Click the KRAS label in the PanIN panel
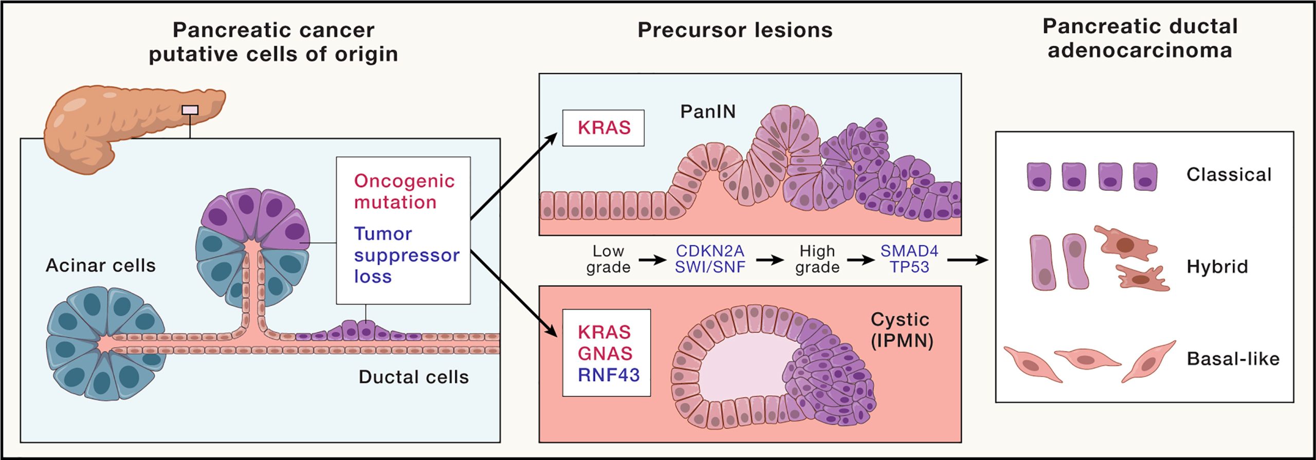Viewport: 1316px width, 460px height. point(604,128)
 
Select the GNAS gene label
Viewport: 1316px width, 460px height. point(605,354)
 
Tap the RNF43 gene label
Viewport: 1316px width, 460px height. point(609,375)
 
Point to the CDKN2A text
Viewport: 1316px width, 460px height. point(710,251)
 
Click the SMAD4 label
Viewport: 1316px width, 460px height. point(909,251)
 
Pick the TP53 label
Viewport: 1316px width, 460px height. point(909,267)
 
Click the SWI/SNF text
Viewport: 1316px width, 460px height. point(710,267)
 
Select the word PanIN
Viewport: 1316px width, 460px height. point(708,112)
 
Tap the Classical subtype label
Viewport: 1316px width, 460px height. point(1229,175)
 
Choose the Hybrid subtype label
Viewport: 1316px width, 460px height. point(1217,267)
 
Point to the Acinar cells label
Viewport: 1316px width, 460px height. point(101,266)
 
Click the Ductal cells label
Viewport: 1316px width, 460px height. point(414,377)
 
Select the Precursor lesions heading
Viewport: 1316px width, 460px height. point(735,30)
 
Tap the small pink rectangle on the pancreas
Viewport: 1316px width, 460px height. point(190,110)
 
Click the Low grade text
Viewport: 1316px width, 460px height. point(608,259)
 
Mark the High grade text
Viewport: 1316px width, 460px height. point(817,259)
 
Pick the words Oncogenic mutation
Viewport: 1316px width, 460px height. point(404,192)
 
